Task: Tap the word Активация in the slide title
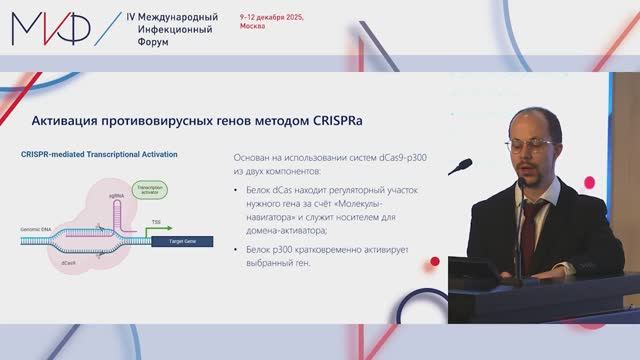(68, 121)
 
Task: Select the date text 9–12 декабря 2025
(272, 18)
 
